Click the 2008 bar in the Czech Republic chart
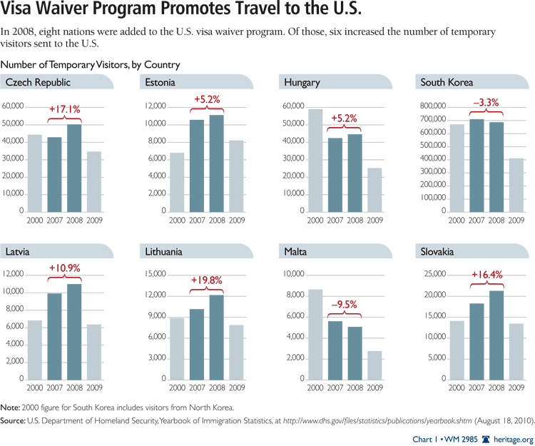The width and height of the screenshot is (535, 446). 74,168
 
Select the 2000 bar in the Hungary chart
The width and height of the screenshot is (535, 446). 314,161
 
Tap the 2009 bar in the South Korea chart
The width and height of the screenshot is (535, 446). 516,185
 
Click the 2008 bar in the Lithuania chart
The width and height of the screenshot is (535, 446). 216,337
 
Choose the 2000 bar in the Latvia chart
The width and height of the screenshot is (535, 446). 35,350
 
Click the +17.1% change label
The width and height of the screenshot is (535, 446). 64,109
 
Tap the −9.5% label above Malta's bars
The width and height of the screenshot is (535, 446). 344,305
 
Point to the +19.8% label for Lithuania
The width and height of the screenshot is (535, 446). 206,280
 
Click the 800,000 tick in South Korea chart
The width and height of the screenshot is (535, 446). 431,106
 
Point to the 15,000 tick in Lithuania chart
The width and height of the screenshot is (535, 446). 154,274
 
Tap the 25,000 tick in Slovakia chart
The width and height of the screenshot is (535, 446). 433,274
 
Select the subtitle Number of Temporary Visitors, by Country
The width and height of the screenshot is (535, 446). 91,65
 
